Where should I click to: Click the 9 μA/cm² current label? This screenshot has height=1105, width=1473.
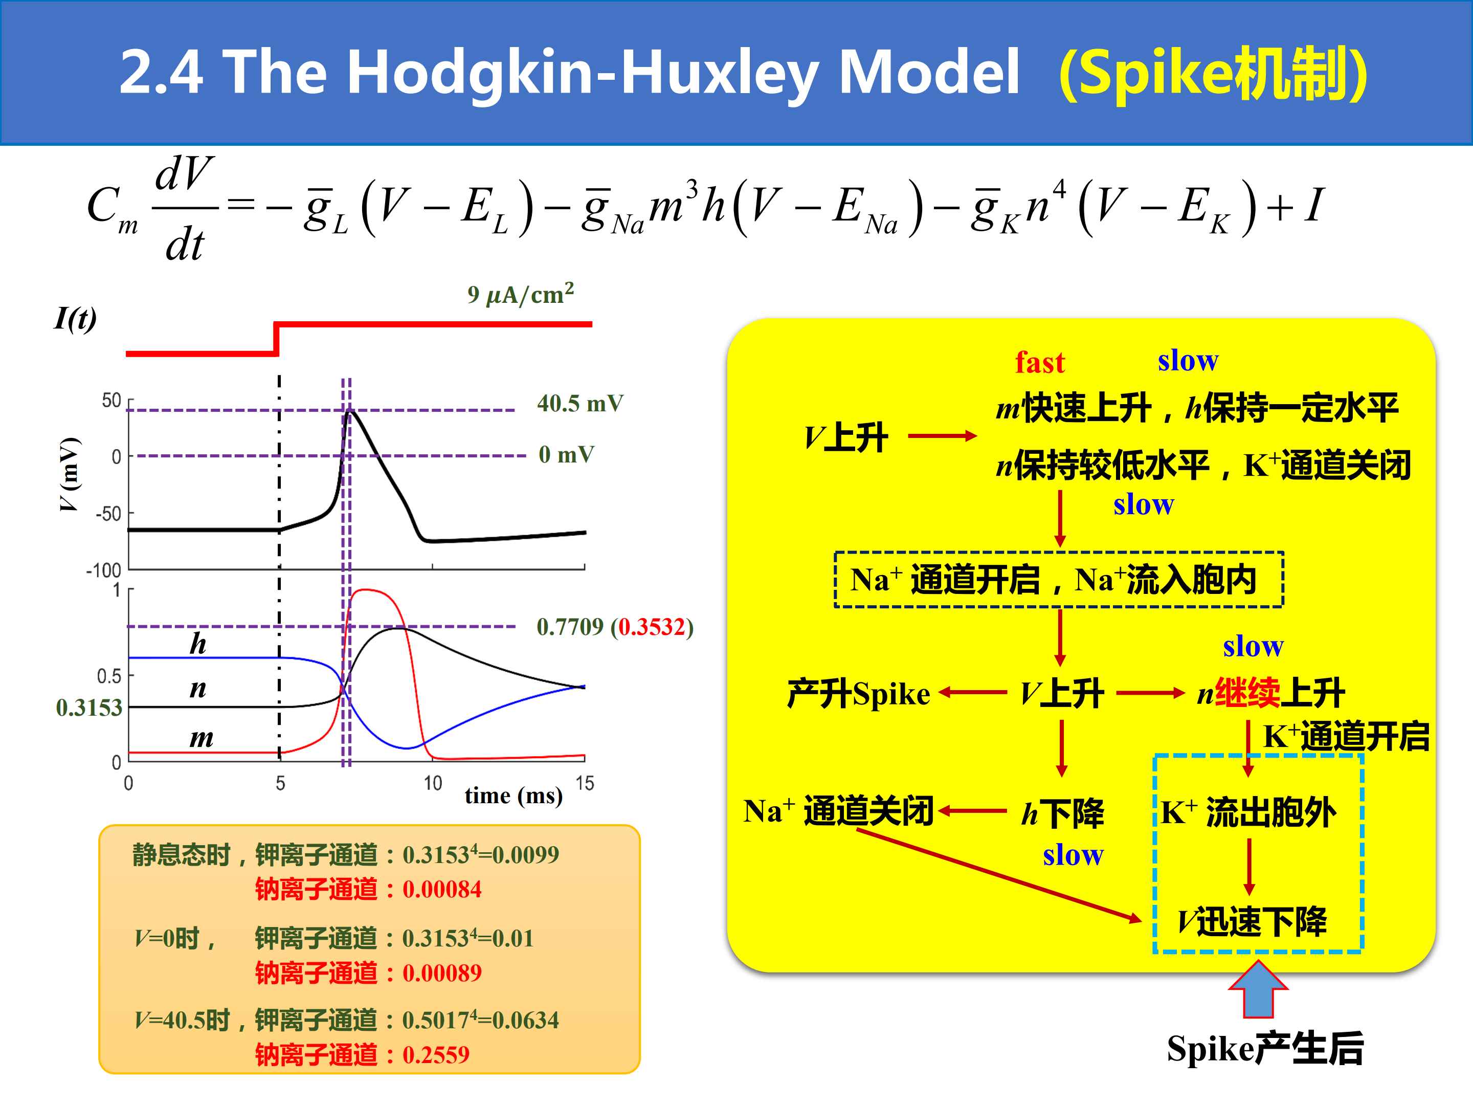(521, 294)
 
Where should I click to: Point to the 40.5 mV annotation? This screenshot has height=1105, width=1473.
(580, 403)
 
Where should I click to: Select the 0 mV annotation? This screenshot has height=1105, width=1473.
(566, 454)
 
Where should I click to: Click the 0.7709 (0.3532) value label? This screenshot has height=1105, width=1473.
(615, 626)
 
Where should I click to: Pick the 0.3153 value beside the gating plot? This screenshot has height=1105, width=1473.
(89, 708)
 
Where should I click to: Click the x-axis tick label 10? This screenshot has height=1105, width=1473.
(433, 783)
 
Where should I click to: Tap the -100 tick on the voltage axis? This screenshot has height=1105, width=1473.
(104, 570)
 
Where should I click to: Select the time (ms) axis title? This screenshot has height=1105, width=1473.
(514, 795)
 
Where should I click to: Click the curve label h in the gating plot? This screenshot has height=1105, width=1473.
(198, 644)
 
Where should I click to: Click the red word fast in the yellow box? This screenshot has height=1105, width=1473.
(1039, 362)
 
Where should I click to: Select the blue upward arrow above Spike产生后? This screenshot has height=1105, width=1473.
(1258, 989)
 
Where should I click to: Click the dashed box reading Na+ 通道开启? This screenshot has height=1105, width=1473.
(1058, 580)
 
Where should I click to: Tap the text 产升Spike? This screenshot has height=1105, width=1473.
(858, 693)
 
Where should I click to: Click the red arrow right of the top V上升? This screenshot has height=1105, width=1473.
(942, 436)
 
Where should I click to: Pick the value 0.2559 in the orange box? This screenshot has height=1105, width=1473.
(436, 1055)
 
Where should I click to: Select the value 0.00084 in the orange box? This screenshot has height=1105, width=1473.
(441, 889)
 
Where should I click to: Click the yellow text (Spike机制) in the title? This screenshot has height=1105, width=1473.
(1213, 73)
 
